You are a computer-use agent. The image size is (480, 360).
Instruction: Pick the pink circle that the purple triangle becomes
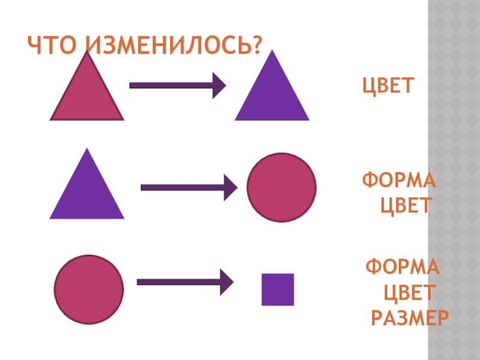[281, 187]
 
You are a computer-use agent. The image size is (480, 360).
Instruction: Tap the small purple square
[277, 289]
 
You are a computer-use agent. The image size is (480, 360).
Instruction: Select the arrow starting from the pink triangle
[177, 85]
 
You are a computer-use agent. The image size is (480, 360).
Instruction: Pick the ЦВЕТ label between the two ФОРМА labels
[406, 206]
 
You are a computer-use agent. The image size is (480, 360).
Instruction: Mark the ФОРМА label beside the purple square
[402, 266]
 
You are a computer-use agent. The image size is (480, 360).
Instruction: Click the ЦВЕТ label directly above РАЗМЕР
[408, 293]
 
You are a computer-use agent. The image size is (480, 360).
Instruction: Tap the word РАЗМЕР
[410, 317]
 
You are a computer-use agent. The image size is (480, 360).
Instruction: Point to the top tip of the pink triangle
[88, 53]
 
